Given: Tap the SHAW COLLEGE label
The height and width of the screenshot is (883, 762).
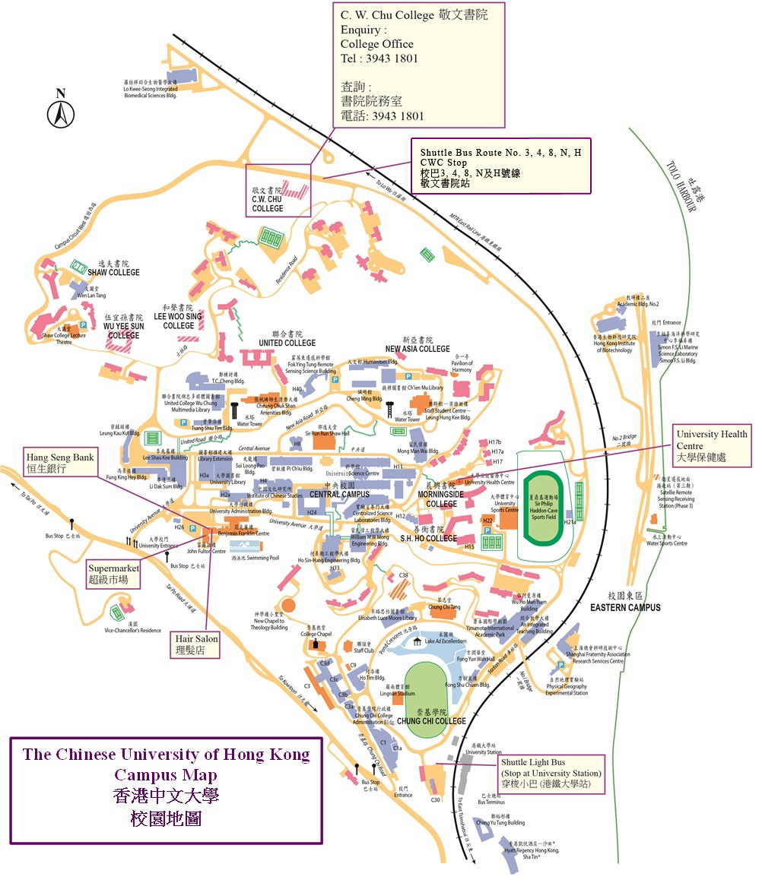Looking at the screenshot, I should tap(114, 273).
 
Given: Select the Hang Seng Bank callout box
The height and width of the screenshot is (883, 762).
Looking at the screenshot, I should tap(60, 463).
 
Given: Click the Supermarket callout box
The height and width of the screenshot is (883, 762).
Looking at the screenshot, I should tap(114, 573).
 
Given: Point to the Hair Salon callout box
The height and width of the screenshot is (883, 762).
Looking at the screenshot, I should tap(197, 644).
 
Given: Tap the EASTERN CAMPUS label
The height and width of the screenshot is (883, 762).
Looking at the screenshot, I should tap(624, 607).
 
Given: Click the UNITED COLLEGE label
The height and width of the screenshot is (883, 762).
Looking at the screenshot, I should tap(287, 343).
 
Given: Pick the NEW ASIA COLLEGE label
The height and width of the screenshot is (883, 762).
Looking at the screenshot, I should tap(417, 349).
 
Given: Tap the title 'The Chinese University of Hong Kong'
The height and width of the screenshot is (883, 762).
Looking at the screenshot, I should tap(166, 755).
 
